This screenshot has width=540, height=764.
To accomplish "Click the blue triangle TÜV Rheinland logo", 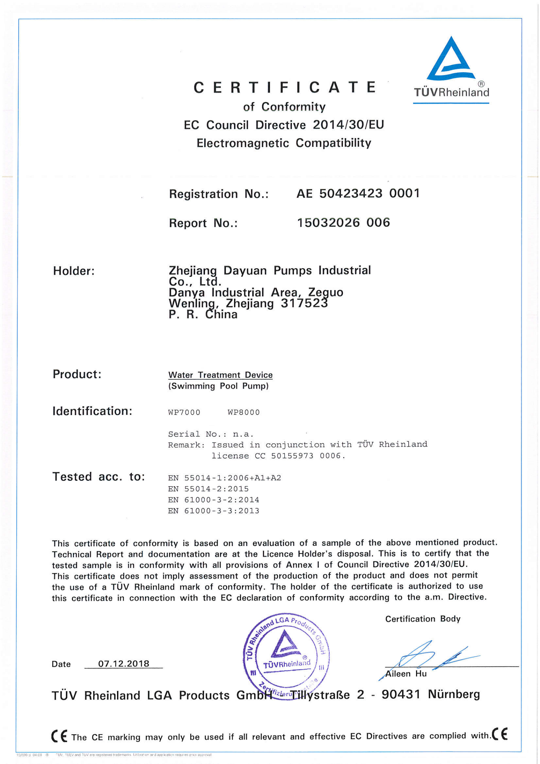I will pos(451,60).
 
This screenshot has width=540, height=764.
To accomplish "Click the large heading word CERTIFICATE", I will pos(285,88).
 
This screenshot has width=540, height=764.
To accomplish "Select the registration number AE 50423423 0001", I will pos(358,193).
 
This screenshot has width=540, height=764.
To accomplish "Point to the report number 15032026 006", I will pos(343,222).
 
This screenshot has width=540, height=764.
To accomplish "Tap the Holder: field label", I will pos(74,271).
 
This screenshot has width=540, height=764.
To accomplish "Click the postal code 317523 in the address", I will pos(304,303).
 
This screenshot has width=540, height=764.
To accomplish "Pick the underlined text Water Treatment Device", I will pos(220,375).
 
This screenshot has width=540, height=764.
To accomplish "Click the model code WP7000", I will pos(184,412).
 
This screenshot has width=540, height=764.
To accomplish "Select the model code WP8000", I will pos(244,412).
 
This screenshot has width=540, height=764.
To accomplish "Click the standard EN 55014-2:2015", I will pos(208,489).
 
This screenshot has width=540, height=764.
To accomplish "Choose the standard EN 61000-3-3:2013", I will pos(214,511).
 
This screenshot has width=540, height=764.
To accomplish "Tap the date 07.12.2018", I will pos(124,664).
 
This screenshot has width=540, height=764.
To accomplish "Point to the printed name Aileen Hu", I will pos(406,674).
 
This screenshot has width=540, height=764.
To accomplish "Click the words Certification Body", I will pos(423,619).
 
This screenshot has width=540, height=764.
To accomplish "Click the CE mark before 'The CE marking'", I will pos(59,736).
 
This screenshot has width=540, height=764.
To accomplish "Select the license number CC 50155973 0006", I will pos(300,456).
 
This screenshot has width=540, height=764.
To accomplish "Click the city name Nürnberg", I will pos(454,694).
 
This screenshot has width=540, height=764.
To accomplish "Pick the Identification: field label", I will pos(92,411).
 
